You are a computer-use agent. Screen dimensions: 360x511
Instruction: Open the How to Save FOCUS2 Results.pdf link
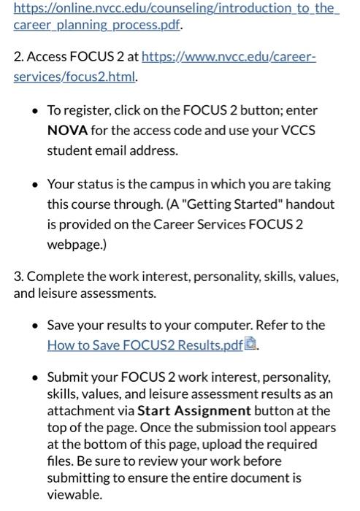[x=145, y=345]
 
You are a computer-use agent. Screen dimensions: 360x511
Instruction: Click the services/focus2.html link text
[x=74, y=76]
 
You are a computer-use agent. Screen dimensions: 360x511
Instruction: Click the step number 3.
[x=18, y=277]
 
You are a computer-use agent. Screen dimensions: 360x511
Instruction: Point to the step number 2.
[x=18, y=56]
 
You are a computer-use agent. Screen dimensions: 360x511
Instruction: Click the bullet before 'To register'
[x=34, y=111]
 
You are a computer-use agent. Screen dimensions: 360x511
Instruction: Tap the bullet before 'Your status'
[x=34, y=185]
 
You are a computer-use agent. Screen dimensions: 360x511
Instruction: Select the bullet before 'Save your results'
[x=34, y=325]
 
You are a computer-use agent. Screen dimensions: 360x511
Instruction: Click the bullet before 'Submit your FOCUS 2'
[x=34, y=377]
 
